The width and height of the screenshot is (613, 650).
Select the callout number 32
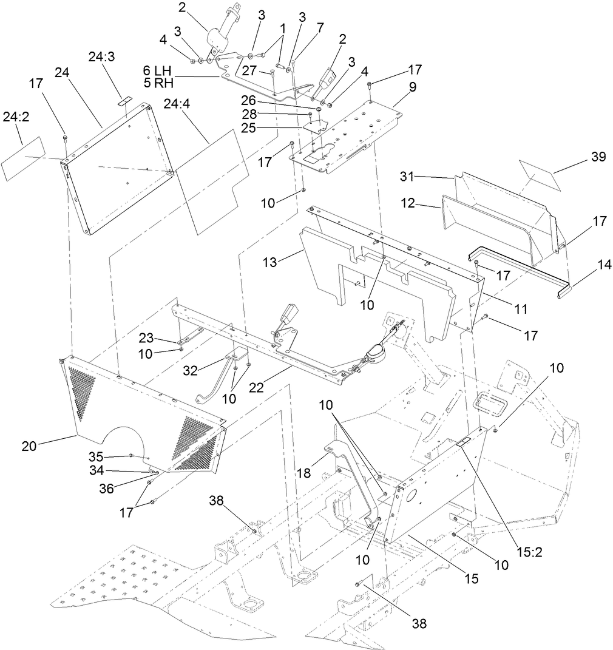(190, 371)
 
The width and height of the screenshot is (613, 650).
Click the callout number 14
(588, 265)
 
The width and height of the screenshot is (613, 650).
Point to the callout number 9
(413, 87)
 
